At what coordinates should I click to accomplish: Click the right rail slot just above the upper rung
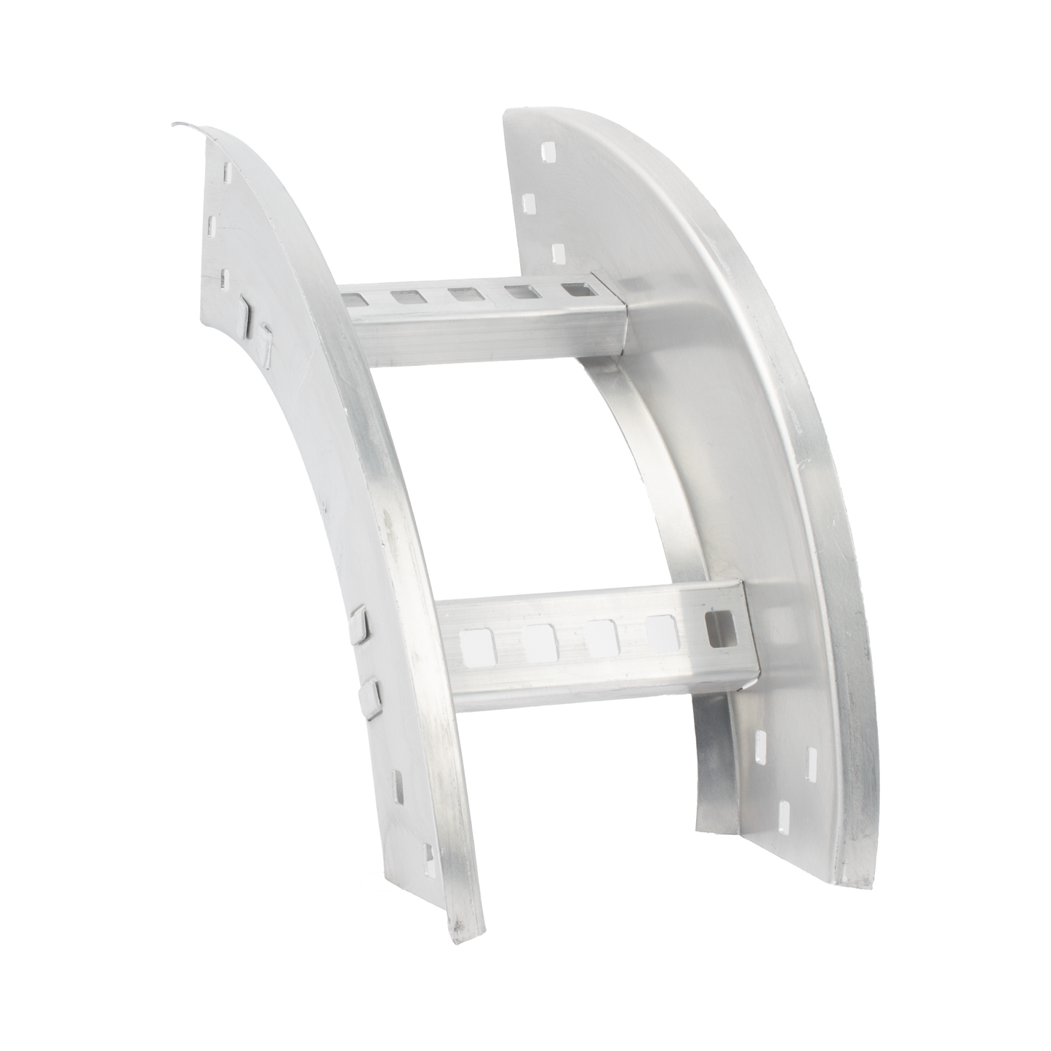(x=558, y=252)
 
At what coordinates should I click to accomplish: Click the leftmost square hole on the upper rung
(x=350, y=297)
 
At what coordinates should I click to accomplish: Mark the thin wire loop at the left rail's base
(x=385, y=882)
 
